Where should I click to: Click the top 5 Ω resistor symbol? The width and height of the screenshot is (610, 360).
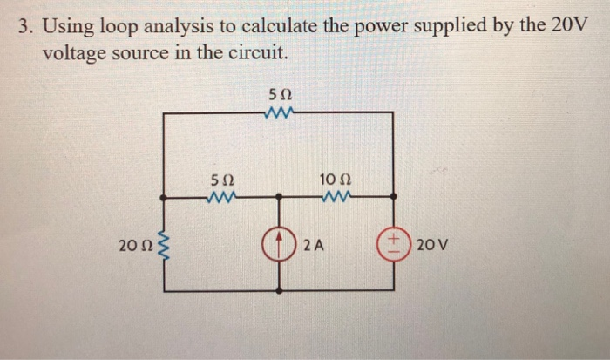[281, 112]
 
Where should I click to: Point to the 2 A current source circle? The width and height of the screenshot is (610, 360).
[280, 243]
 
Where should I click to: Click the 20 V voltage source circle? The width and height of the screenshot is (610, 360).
[393, 243]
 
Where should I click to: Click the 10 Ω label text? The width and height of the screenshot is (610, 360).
[335, 180]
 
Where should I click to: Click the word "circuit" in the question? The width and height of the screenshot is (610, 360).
[254, 52]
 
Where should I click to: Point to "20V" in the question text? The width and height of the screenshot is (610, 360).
[570, 25]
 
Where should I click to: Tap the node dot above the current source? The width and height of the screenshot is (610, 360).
[280, 198]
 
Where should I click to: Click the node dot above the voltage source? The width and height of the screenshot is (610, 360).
[394, 198]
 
